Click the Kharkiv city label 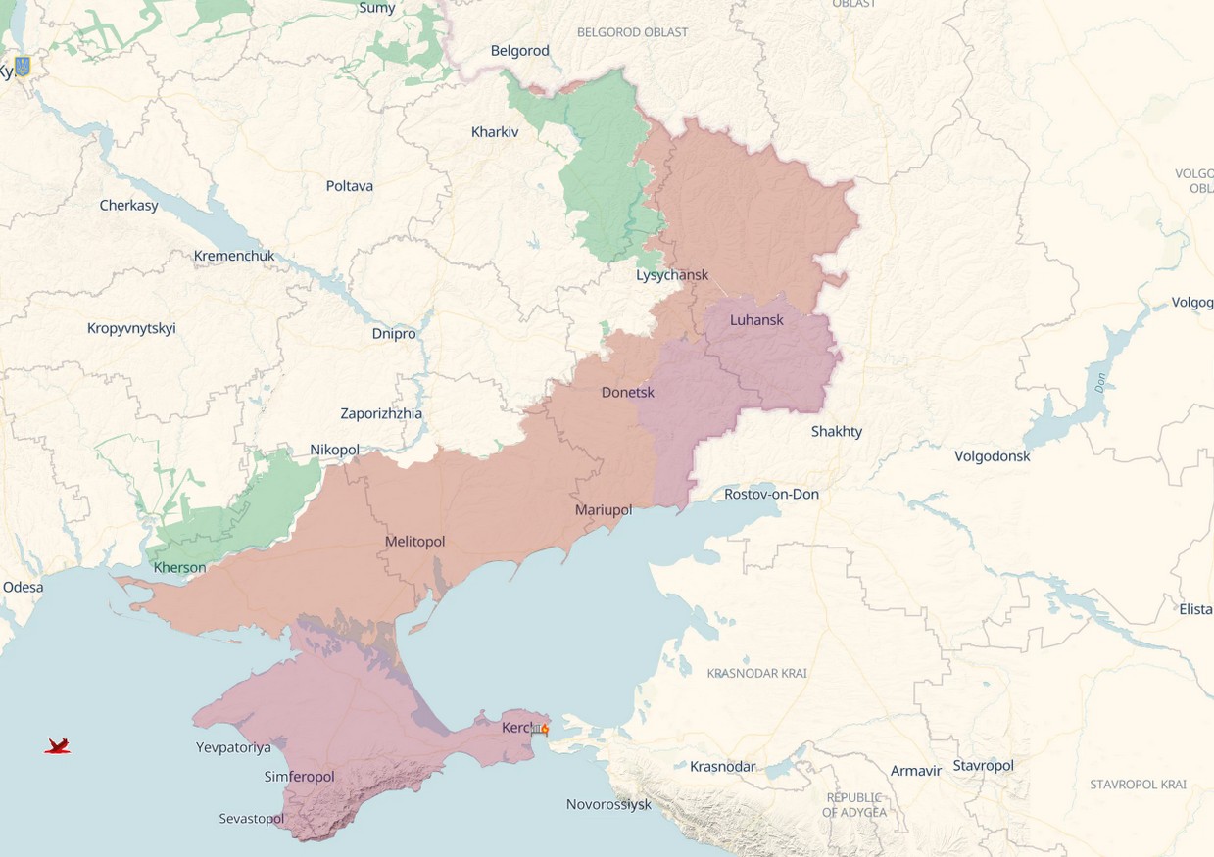pos(495,131)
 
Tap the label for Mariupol pos(604,510)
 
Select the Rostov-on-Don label pos(771,494)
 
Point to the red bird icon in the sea pos(58,746)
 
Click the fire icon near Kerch pos(544,729)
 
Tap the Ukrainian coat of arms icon pos(23,67)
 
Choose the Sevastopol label pos(252,818)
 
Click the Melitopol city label pos(415,542)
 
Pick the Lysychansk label pos(672,275)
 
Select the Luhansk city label pos(756,320)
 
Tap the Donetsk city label pos(628,392)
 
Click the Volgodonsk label pos(993,455)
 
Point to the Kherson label pos(180,567)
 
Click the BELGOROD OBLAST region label pos(633,32)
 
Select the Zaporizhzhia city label pos(381,413)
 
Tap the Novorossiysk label pos(608,804)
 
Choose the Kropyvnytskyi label pos(131,328)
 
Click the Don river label pos(1100,383)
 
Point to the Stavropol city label pos(983,765)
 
